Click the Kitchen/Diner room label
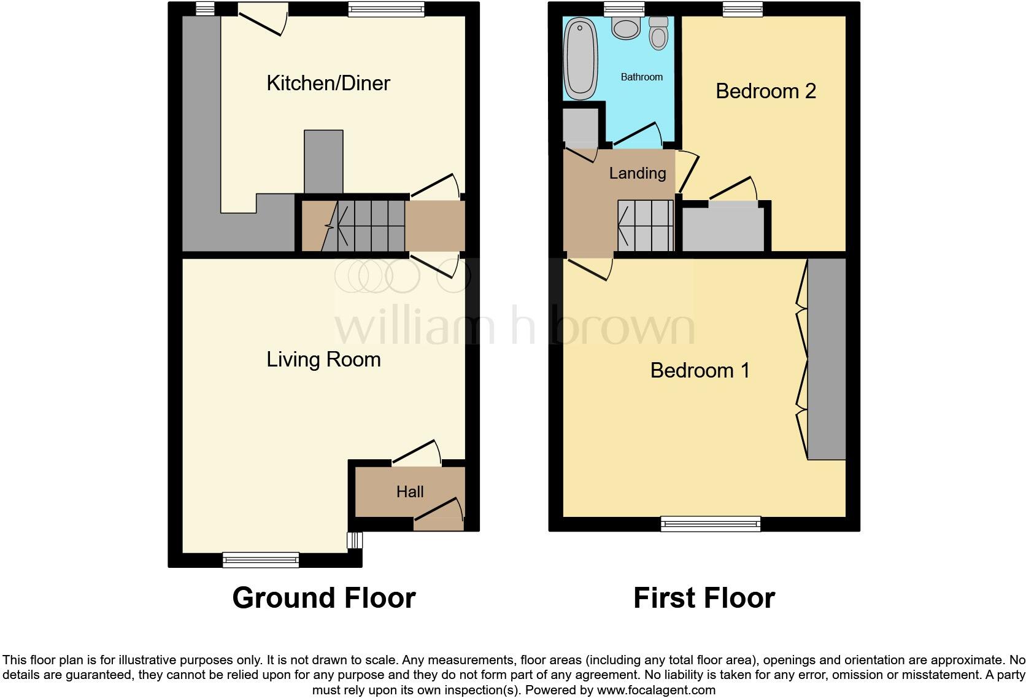pos(328,83)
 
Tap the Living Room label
pos(323,359)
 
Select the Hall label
pos(410,492)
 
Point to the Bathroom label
pos(641,77)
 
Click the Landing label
pos(638,173)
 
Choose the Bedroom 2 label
pos(766,91)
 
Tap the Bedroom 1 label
pos(700,370)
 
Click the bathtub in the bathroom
pos(580,59)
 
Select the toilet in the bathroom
pos(658,33)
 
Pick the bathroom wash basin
pos(626,28)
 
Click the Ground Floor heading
pos(324,597)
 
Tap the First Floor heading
pos(704,597)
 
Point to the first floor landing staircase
pos(646,226)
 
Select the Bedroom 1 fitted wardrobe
pos(827,359)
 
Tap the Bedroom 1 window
pos(711,524)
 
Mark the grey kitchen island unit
pos(323,161)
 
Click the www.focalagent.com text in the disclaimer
pos(656,690)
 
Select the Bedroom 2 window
pos(742,8)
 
